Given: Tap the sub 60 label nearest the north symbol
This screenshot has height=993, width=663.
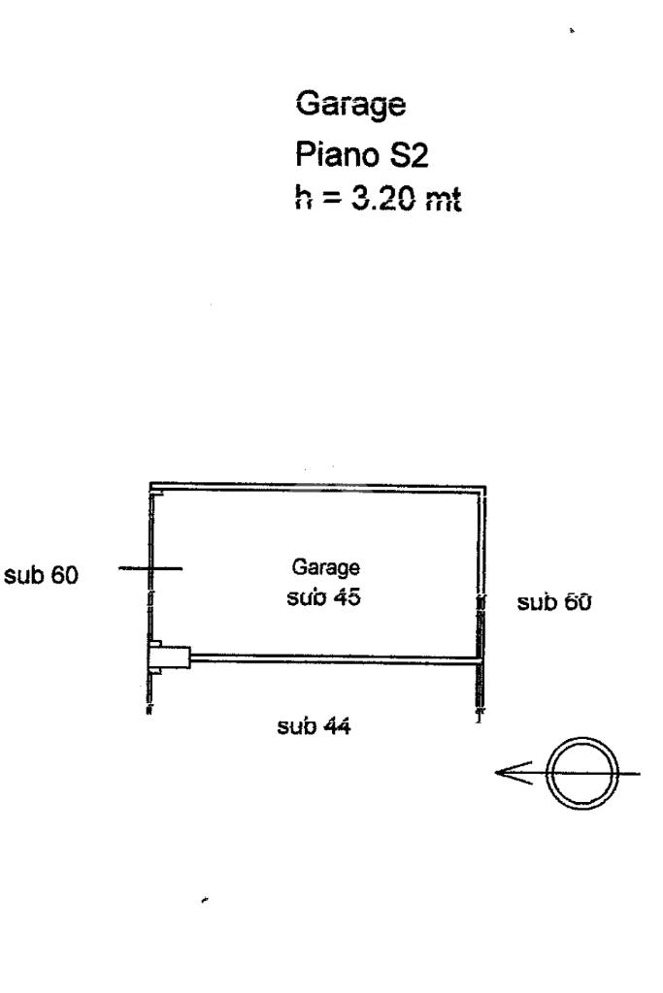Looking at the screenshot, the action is click(555, 602).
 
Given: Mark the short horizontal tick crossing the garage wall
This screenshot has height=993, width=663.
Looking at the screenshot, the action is click(149, 568).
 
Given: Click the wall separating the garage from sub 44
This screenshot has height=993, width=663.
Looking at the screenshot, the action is click(335, 658).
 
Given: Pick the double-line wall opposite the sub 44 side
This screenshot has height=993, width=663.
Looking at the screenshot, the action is click(315, 486).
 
